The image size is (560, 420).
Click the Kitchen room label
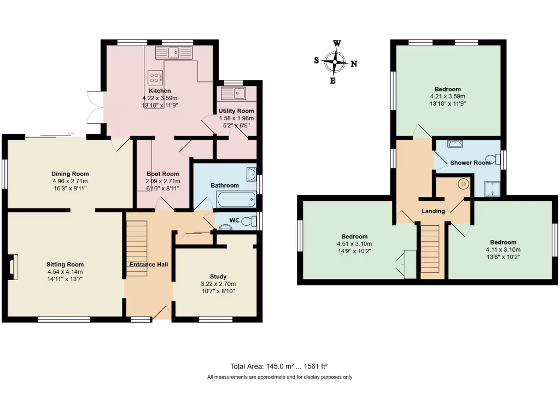pos(160,91)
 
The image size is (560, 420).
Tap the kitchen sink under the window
pos(174,53)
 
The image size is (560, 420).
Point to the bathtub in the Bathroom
pos(236,200)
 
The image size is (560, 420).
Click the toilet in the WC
pos(250,221)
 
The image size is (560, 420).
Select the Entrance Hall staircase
pos(137,241)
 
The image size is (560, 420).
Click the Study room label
pos(218,277)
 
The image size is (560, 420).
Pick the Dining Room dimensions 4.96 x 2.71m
pos(70,181)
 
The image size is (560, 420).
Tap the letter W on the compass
pos(337,44)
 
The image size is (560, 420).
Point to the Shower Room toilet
pos(496,160)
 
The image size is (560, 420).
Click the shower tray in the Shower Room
pos(493,189)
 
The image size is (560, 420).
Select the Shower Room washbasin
pos(454,144)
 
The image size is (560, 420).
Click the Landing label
pos(433,211)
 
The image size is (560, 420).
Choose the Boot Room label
pos(162,174)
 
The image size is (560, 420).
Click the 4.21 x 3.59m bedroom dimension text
pos(447,96)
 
